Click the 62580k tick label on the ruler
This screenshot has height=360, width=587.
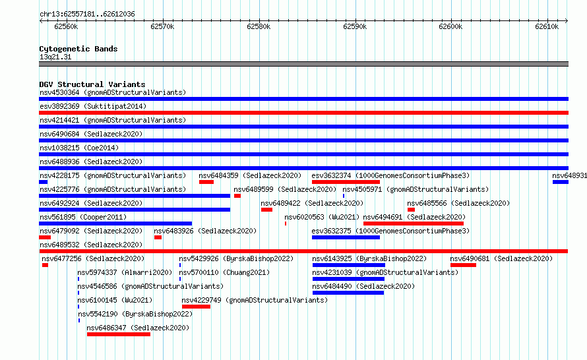click(x=259, y=26)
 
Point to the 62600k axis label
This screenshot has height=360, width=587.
click(x=450, y=26)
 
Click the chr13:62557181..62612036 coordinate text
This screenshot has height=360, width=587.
click(x=87, y=15)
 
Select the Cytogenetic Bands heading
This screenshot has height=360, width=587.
click(x=78, y=49)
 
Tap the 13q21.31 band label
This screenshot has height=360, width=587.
click(x=55, y=57)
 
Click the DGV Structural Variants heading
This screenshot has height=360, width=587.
click(x=92, y=84)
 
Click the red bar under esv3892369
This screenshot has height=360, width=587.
click(x=303, y=113)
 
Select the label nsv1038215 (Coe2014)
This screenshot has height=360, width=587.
click(x=79, y=148)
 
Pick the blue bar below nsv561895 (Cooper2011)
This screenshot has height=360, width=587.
click(x=115, y=224)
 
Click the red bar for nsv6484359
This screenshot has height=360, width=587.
click(x=206, y=182)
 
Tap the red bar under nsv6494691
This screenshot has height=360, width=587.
click(x=414, y=224)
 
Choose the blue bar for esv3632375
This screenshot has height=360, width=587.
click(x=346, y=237)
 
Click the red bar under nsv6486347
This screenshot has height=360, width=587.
click(x=119, y=334)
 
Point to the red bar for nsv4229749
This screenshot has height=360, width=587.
click(x=196, y=307)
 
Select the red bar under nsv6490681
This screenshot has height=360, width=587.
click(x=463, y=265)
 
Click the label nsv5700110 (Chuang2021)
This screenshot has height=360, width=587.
click(x=224, y=272)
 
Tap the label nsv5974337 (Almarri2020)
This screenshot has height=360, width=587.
click(x=125, y=272)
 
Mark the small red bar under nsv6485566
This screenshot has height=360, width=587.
click(x=411, y=210)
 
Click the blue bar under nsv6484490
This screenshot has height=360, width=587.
click(x=348, y=293)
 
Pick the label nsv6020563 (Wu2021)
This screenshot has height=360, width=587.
click(x=322, y=217)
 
